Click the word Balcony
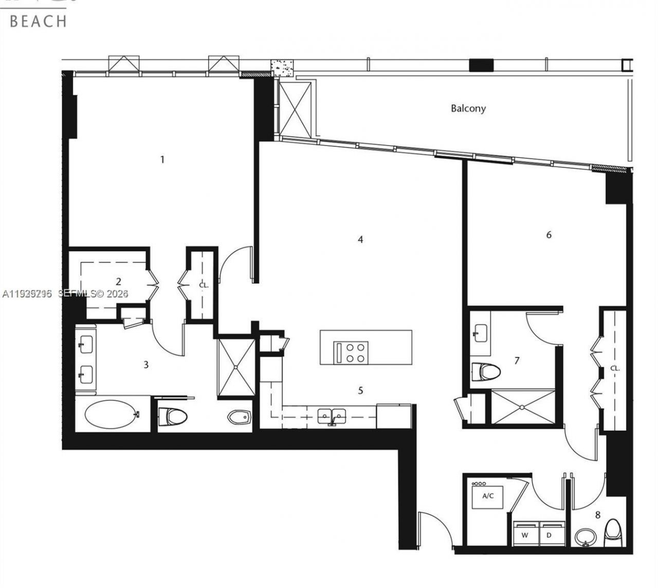468,108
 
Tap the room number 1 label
162,159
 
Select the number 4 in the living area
360,240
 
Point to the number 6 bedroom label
549,235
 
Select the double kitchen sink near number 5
332,415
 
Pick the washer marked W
525,535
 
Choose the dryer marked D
549,535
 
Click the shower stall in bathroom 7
523,407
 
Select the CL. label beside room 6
615,369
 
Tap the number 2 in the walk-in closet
119,281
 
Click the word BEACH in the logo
38,21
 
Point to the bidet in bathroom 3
239,417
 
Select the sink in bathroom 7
480,333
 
